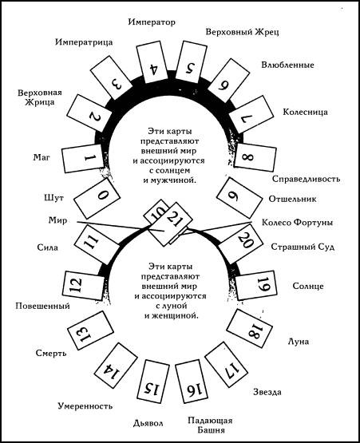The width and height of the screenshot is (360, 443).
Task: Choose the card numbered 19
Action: click(261, 282)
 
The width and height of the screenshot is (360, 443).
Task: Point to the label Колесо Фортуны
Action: click(297, 221)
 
